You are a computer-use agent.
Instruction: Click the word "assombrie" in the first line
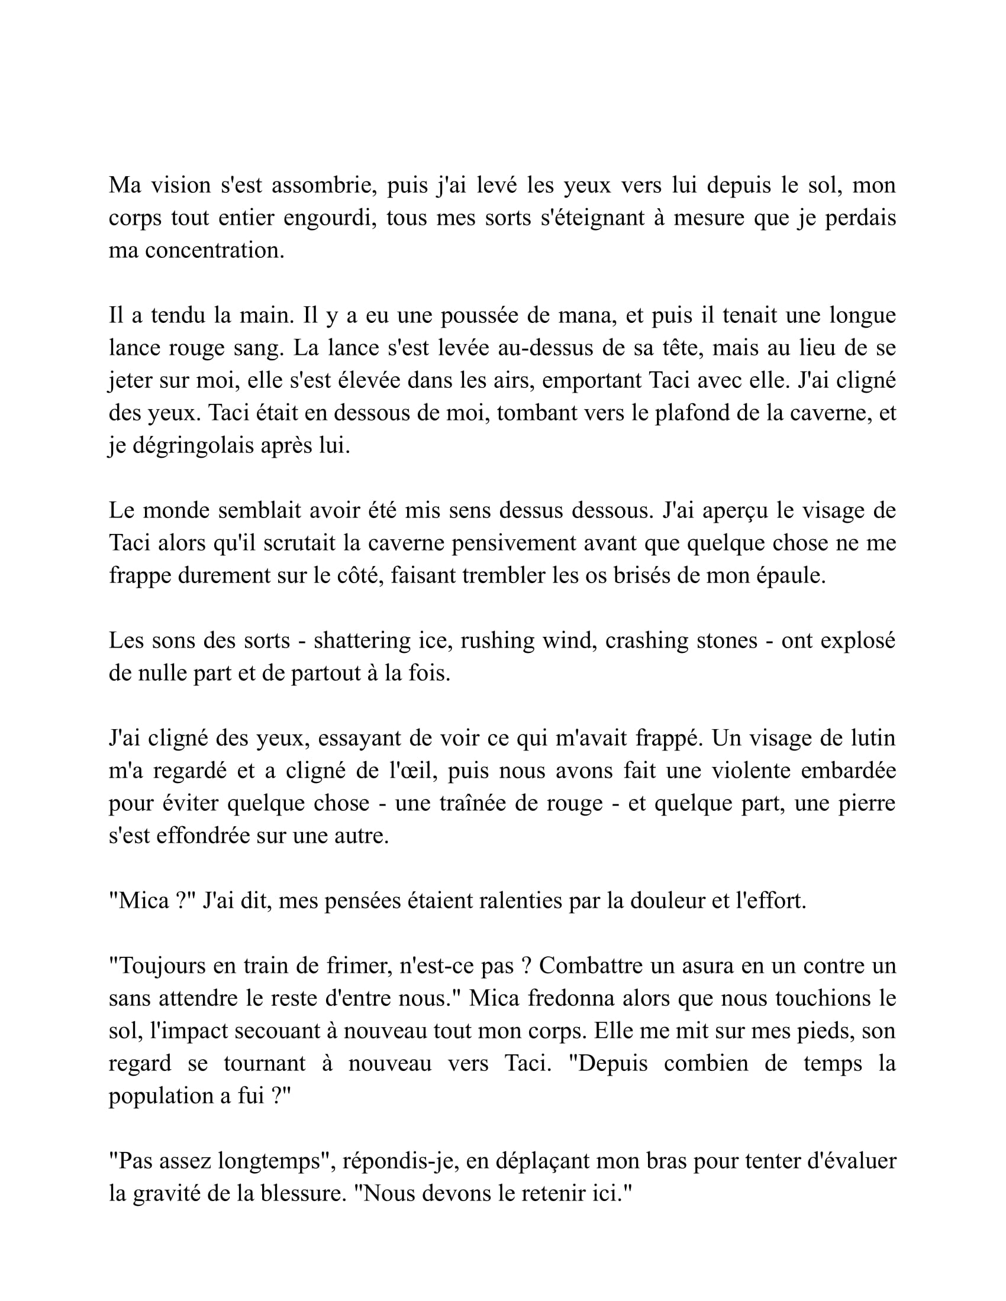tap(324, 185)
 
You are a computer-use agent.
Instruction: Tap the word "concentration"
tap(214, 250)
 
